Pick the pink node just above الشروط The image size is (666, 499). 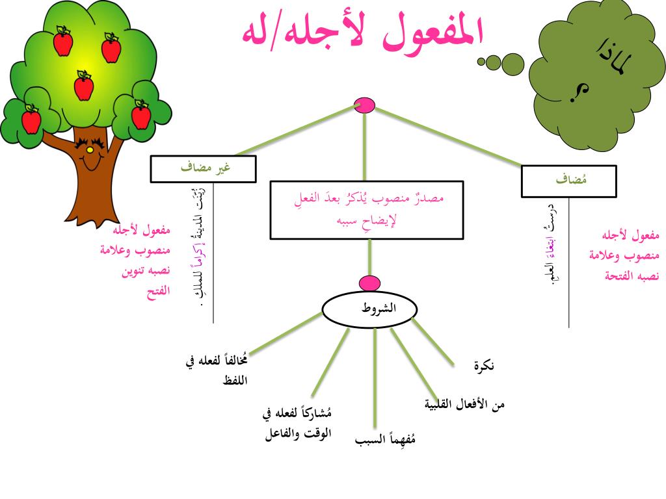369,283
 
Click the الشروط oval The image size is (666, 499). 369,309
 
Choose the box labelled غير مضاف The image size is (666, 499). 203,169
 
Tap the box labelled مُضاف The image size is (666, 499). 569,181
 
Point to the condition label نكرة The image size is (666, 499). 484,366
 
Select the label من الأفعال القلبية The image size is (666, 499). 464,404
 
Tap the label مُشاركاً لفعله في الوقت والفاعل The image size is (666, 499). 299,424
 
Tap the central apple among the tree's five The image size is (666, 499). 83,86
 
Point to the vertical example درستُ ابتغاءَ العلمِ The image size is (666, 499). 552,244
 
